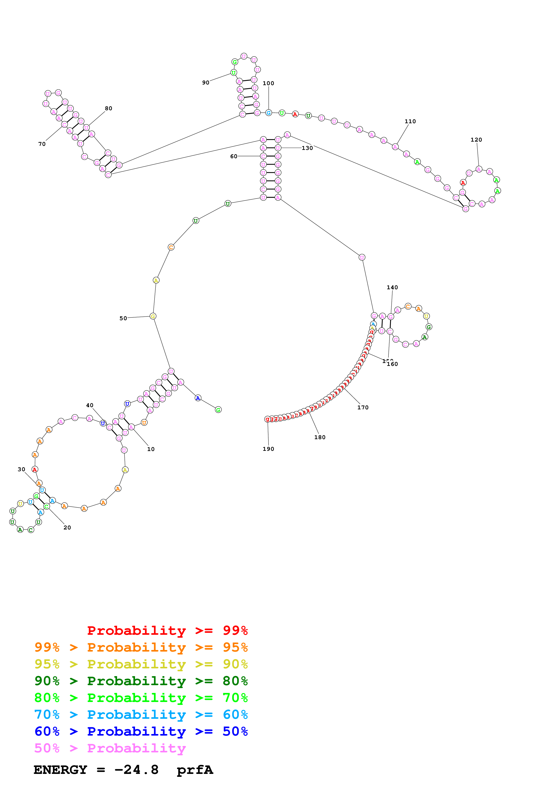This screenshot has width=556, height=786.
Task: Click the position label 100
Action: click(268, 83)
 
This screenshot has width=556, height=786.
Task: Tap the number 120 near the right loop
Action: click(476, 140)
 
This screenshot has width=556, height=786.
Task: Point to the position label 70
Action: click(42, 144)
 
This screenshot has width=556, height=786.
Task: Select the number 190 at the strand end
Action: click(268, 449)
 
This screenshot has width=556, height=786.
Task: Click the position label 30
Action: click(21, 469)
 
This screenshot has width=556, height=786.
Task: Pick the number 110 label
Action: click(410, 121)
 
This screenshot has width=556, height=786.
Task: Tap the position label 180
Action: click(320, 437)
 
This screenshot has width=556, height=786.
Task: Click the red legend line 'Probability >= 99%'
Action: click(167, 631)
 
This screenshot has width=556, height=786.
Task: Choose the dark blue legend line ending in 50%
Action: click(141, 732)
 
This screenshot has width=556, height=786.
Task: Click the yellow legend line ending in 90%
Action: click(141, 664)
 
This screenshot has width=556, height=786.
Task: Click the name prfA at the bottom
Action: click(195, 770)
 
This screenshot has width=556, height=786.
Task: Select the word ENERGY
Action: click(60, 770)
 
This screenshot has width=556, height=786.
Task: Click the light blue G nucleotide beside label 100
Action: click(268, 113)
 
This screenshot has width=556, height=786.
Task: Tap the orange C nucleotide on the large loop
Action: click(171, 247)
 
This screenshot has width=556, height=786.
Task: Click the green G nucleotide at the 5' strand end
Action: click(218, 410)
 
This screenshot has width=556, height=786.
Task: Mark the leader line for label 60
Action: click(249, 156)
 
